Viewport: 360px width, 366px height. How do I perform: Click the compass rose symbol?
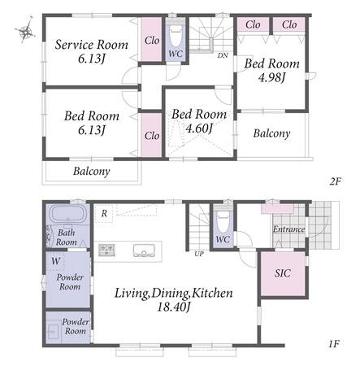point(24,30)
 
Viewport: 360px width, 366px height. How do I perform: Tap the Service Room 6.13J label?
point(92,51)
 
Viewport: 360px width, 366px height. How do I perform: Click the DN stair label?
point(223,55)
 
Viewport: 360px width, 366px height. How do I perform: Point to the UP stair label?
point(199,254)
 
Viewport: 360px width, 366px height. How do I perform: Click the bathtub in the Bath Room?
point(68,215)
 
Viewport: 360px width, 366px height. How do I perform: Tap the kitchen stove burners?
point(106,250)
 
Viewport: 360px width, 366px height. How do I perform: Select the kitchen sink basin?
point(144,251)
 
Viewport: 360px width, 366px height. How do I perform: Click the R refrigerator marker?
point(104,214)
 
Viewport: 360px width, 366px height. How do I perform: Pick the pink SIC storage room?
point(283,273)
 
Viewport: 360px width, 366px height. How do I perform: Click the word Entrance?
point(288,229)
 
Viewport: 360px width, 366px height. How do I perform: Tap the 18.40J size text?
point(174,307)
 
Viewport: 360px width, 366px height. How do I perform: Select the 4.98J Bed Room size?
point(271,78)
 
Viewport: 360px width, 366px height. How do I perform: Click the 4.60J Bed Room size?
point(199,128)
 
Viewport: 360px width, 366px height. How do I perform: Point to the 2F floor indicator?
point(335,181)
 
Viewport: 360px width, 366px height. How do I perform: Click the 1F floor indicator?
point(334,344)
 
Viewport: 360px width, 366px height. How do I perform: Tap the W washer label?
point(56,261)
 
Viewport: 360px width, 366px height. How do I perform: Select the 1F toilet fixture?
point(223,221)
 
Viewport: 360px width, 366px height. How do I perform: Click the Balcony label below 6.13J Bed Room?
point(92,172)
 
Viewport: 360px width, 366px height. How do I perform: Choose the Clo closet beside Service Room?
point(152,41)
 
